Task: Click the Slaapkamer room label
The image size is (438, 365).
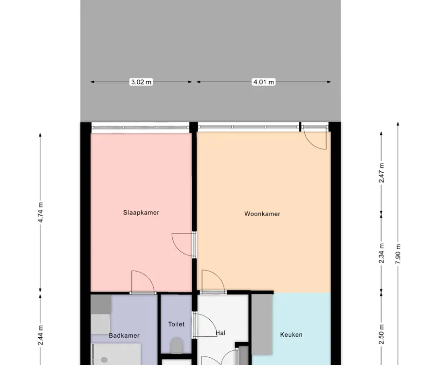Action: pos(141,213)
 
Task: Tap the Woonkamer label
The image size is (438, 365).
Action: pos(262,214)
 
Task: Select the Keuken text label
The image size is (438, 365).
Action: pos(291,334)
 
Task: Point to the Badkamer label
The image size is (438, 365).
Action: pos(124,335)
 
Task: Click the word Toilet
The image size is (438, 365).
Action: pos(176,324)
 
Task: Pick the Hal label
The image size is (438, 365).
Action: pos(220,333)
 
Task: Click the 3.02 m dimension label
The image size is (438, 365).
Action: pos(141,82)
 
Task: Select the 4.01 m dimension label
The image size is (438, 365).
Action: pos(264,82)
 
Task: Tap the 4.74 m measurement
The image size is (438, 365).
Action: pos(40,212)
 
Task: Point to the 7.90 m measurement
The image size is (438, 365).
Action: pos(398,254)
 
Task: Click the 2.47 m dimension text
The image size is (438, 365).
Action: pos(381,173)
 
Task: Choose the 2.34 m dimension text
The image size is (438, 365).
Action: pos(381,253)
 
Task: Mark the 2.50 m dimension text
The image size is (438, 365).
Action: pos(381,334)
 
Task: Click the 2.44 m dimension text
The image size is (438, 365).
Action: pos(40,335)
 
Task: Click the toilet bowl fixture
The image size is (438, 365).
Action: pos(177,345)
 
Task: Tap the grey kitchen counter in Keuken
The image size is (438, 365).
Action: pos(262,324)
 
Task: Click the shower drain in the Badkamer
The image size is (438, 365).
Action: pos(104,360)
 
